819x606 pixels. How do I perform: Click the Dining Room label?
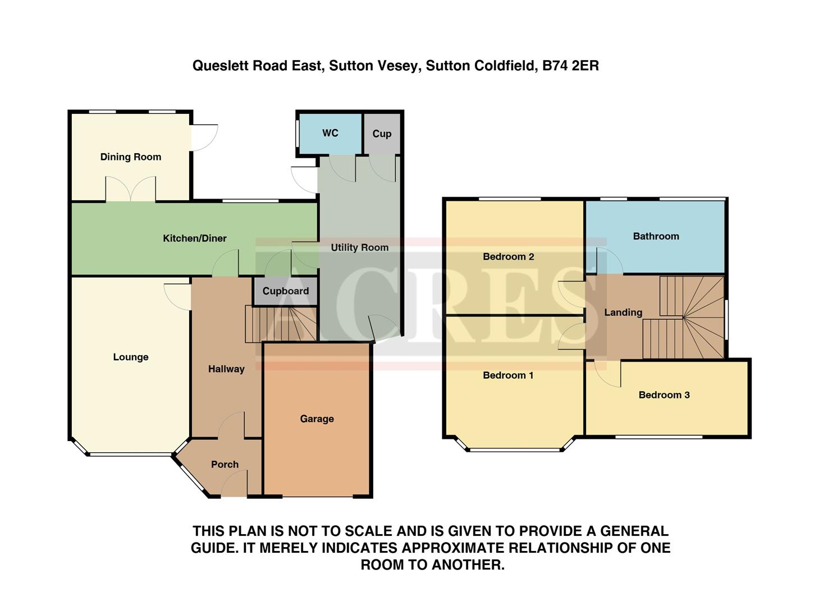130,157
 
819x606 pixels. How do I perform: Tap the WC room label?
330,133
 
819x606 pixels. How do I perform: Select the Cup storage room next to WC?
382,134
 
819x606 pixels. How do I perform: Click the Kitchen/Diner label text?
194,238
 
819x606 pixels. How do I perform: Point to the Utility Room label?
359,247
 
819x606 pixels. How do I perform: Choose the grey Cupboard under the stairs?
285,291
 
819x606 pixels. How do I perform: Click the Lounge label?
131,357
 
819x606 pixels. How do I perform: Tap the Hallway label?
226,369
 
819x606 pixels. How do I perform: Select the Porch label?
225,465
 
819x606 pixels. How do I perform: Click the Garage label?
317,419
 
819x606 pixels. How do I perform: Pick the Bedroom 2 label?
508,256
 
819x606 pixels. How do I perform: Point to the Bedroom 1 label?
508,375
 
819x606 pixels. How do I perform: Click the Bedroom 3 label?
664,395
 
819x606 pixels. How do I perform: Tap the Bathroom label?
656,236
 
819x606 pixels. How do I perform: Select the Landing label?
623,313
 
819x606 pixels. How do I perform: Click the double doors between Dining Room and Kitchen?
130,189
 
